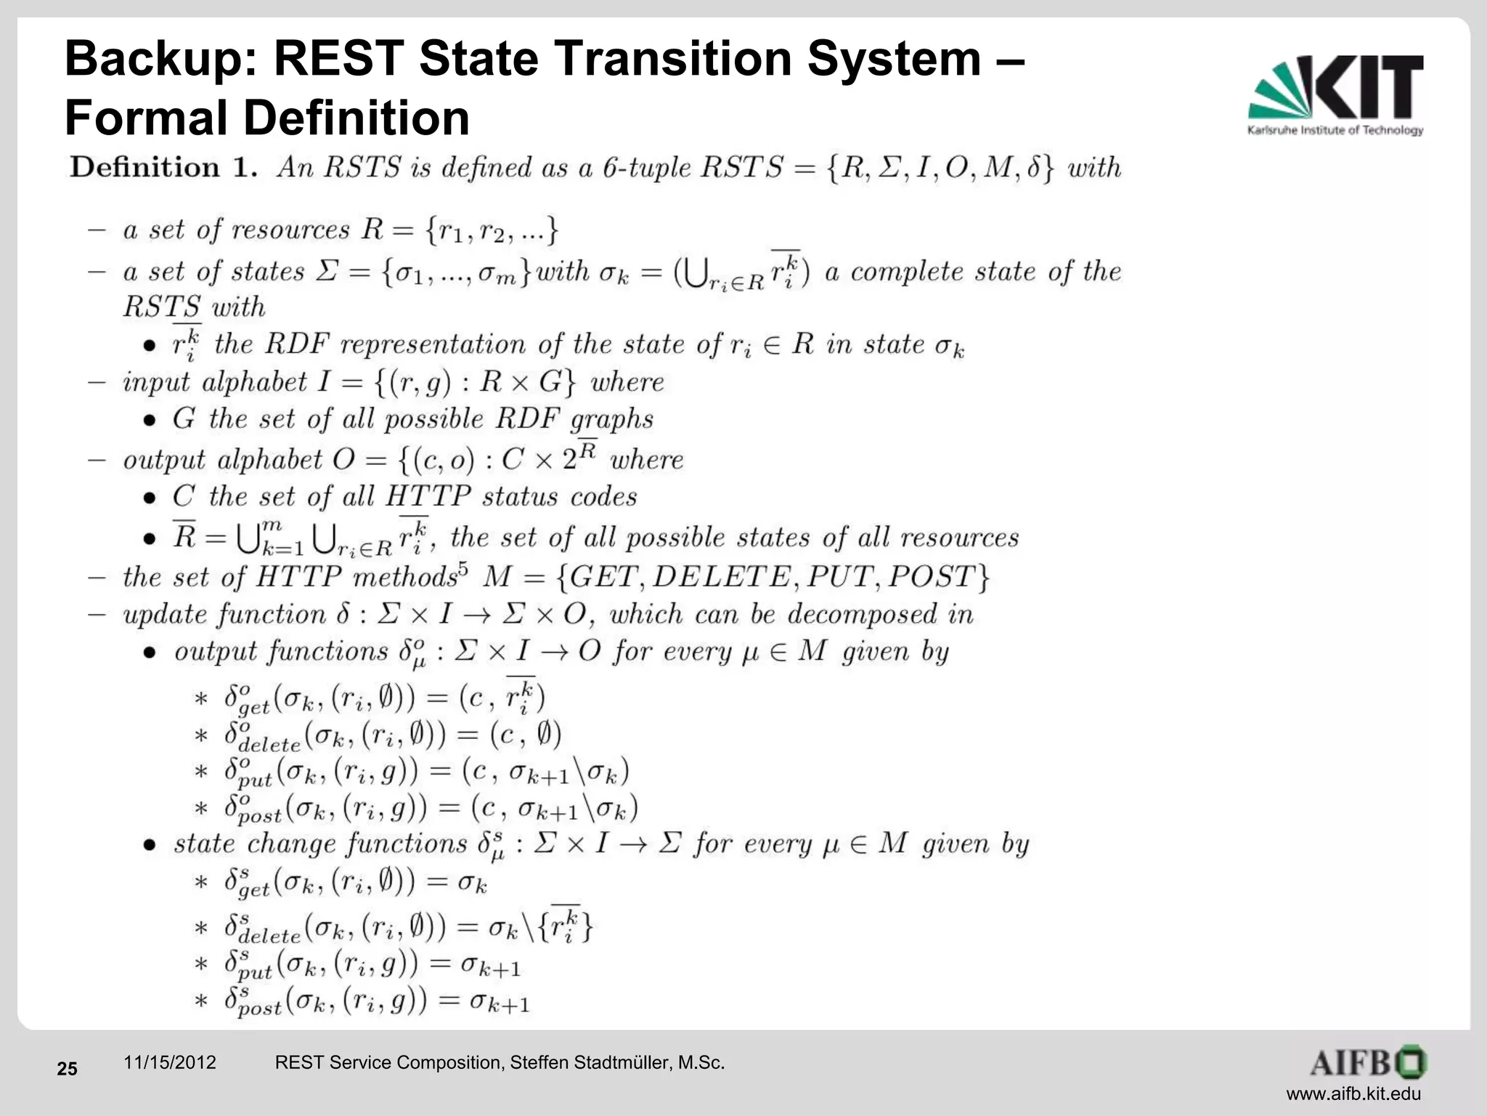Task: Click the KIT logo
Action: tap(1336, 94)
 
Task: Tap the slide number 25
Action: tap(67, 1069)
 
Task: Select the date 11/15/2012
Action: tap(170, 1063)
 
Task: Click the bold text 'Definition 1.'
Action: tap(164, 168)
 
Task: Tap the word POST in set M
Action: tap(931, 578)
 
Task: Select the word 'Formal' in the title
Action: tap(147, 118)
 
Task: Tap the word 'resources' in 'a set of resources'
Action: tap(290, 230)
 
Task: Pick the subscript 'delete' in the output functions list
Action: tap(269, 745)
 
